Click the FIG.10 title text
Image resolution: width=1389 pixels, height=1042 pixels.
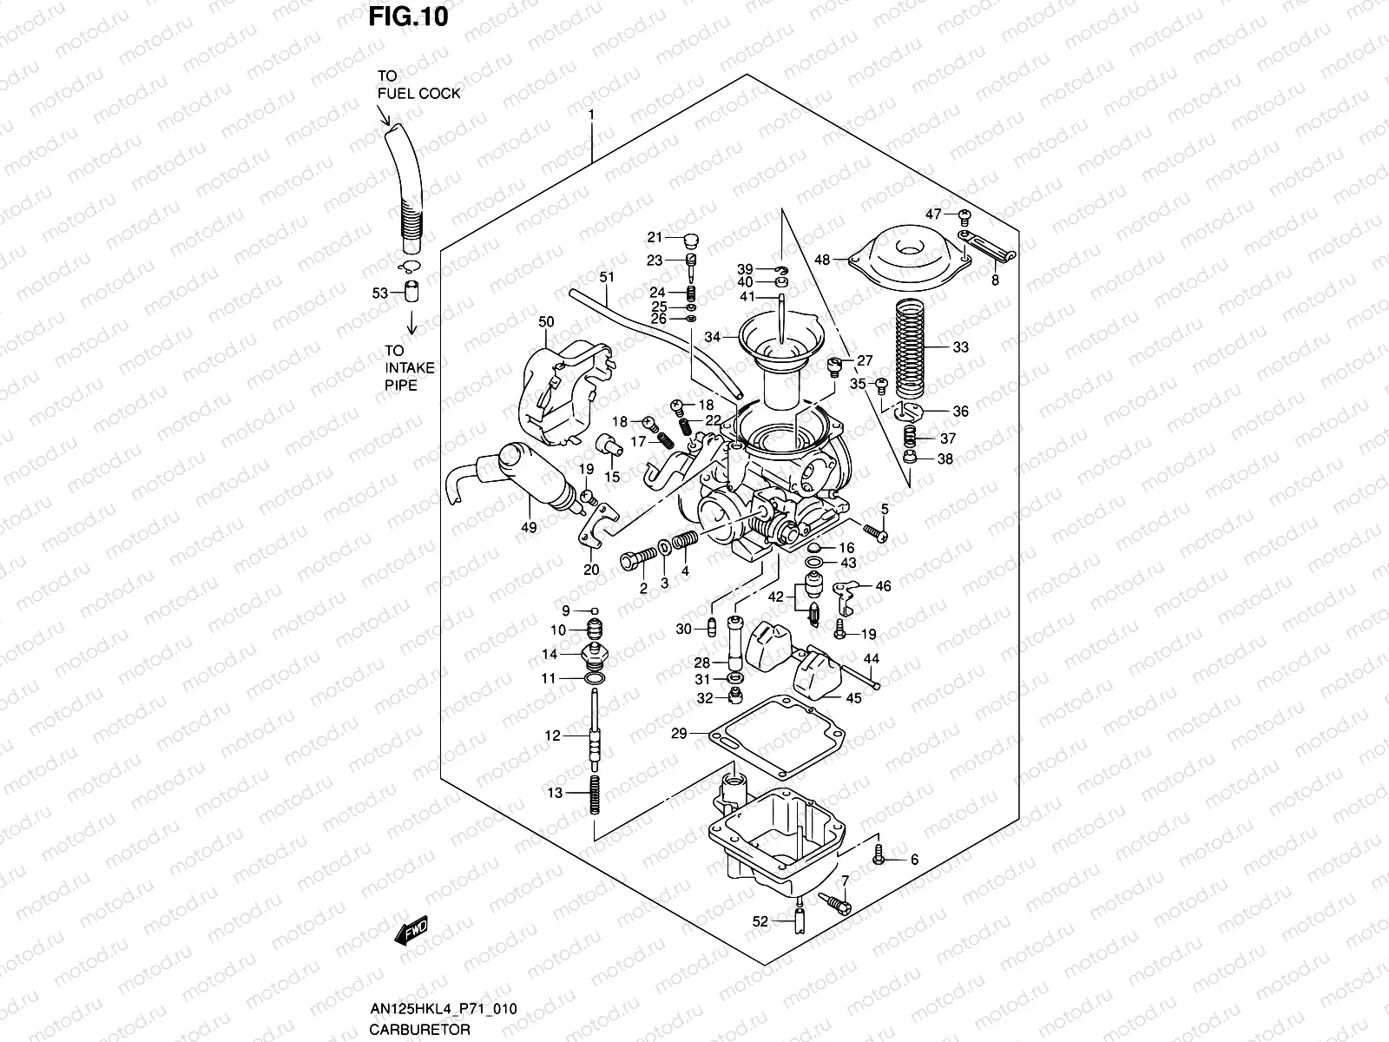tap(409, 16)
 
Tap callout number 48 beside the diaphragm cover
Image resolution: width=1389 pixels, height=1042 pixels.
tap(822, 259)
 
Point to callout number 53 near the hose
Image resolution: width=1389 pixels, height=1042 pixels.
tap(379, 293)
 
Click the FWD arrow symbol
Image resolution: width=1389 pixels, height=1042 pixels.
tap(411, 933)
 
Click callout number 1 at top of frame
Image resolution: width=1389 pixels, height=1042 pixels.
tap(591, 115)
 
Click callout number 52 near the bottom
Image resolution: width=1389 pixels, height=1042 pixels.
tap(760, 922)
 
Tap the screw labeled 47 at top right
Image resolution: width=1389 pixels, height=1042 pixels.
tap(964, 214)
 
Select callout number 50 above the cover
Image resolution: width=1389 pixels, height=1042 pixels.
tap(545, 322)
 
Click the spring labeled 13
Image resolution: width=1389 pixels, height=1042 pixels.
tap(592, 794)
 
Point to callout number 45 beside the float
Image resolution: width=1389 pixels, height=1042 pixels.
tap(853, 698)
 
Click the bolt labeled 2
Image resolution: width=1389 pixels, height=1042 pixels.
tap(635, 559)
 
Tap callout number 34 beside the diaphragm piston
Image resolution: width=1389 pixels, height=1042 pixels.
tap(713, 337)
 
